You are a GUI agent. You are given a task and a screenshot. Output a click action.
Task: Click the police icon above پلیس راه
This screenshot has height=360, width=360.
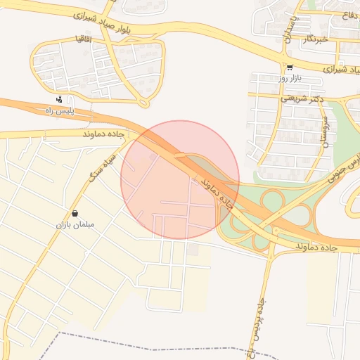58,99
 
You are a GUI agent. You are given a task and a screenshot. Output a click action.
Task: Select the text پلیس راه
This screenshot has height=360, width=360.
59,110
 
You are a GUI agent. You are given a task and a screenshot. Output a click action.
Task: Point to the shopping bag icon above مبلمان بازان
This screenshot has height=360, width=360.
75,213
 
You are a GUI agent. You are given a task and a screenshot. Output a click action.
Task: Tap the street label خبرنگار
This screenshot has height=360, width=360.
314,40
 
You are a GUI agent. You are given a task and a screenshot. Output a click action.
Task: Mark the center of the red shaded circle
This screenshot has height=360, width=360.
180,180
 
